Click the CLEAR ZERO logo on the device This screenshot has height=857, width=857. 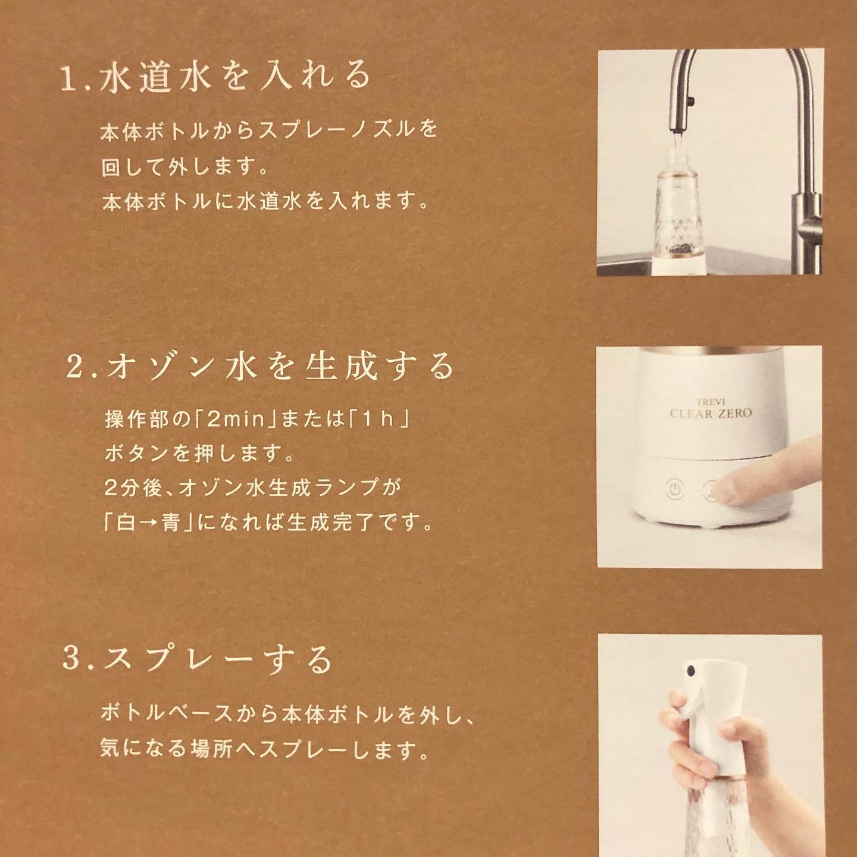(711, 413)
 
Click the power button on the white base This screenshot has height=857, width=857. (675, 490)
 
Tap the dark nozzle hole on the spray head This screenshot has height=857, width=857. (690, 681)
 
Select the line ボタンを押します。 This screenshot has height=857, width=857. (199, 453)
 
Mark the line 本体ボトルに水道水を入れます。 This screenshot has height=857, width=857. (265, 202)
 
